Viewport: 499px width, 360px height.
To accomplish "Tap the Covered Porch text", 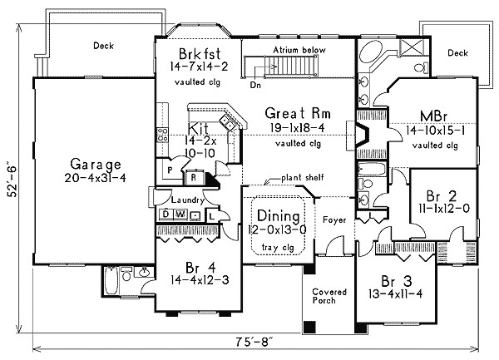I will coord(329,298).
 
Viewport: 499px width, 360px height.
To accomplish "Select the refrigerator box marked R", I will coord(193,176).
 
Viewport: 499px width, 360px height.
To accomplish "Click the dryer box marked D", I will coord(166,215).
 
